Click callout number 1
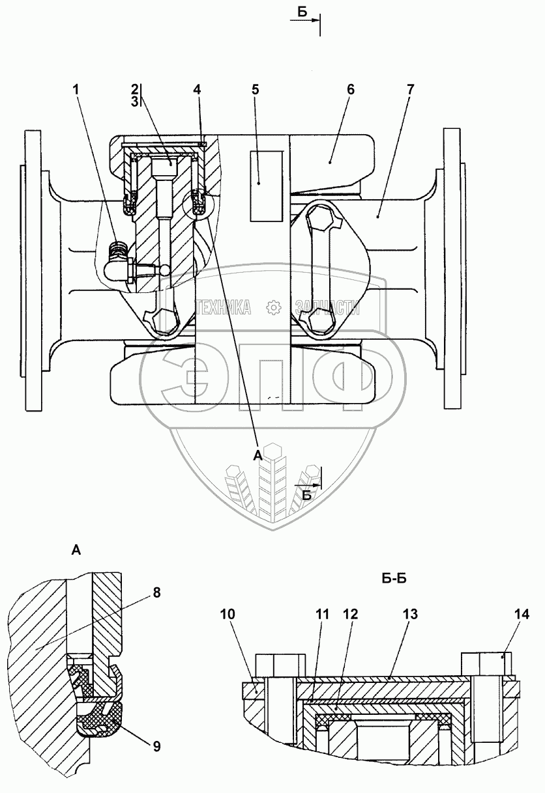pyautogui.click(x=76, y=90)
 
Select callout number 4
pyautogui.click(x=197, y=90)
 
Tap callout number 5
pyautogui.click(x=256, y=90)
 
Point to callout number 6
pyautogui.click(x=350, y=90)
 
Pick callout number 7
pyautogui.click(x=410, y=90)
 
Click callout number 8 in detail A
pyautogui.click(x=156, y=592)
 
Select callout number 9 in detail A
pyautogui.click(x=156, y=744)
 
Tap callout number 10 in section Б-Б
pyautogui.click(x=228, y=622)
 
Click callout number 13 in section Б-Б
pyautogui.click(x=410, y=622)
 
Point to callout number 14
pyautogui.click(x=522, y=622)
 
